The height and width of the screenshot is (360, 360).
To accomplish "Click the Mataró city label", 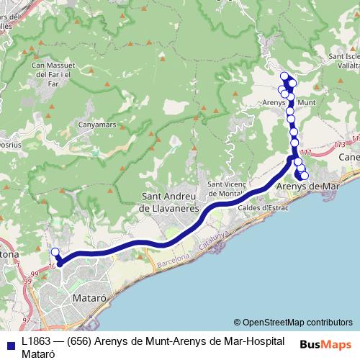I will [x=90, y=296].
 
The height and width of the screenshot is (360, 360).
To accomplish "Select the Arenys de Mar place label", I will [x=308, y=186].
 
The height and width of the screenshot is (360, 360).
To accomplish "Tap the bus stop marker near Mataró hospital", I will [x=54, y=252].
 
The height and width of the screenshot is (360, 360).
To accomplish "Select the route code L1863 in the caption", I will [x=35, y=340].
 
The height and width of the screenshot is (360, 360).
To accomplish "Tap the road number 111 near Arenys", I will [x=307, y=152].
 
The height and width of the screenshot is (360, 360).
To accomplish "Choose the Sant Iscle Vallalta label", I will [x=344, y=60].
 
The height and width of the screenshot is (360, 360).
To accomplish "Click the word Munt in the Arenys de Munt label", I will [x=306, y=103].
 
